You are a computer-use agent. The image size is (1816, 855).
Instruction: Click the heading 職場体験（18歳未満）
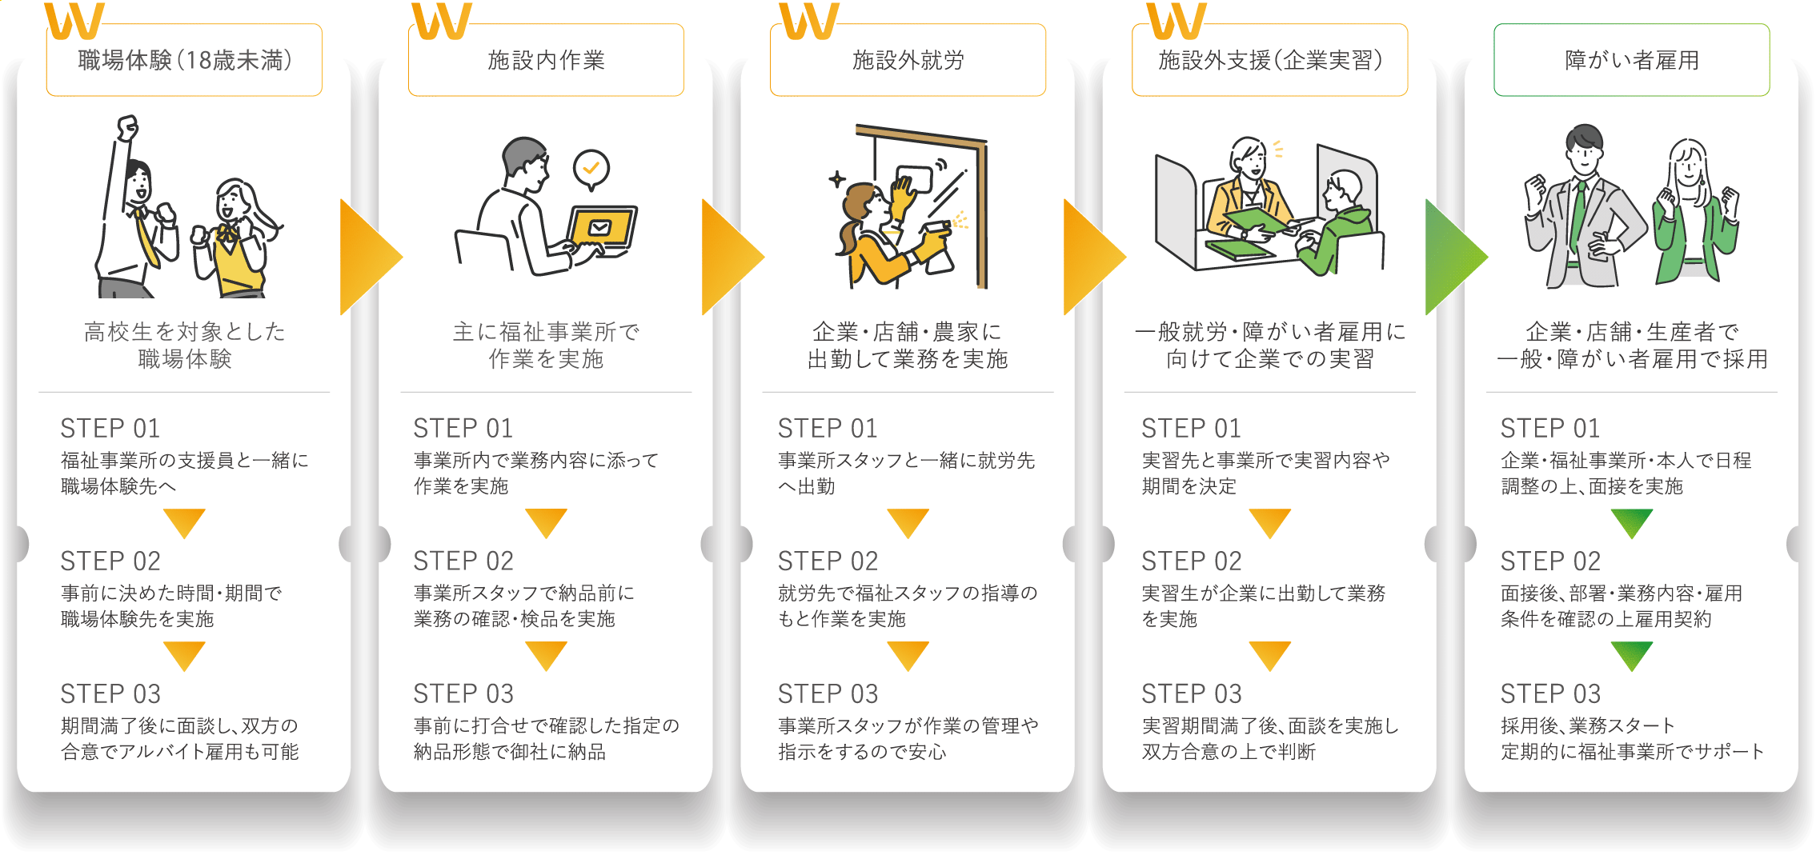(185, 60)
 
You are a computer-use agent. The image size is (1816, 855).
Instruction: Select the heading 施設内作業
(546, 60)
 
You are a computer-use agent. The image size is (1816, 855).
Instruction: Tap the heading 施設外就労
(908, 60)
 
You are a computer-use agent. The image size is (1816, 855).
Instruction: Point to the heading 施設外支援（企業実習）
(1270, 60)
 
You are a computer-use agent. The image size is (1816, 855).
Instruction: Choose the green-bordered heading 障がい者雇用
(1631, 60)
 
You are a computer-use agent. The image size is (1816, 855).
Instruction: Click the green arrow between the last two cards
(1453, 257)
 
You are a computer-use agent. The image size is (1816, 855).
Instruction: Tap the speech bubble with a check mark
(591, 170)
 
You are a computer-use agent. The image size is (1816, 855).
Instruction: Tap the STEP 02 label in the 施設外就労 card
(828, 561)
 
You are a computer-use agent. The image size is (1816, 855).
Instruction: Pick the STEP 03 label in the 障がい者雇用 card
(1550, 693)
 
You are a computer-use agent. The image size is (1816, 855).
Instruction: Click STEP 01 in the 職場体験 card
(110, 428)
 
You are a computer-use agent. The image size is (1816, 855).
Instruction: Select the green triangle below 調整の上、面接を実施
(1632, 523)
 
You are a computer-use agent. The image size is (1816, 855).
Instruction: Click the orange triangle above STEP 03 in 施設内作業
(547, 656)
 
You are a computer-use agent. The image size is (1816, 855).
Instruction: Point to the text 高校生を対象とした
(184, 331)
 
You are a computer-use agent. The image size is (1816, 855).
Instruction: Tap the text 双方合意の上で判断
(1229, 752)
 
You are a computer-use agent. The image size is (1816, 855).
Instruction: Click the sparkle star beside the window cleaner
(837, 179)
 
